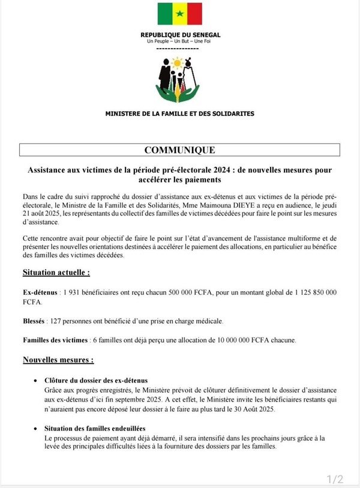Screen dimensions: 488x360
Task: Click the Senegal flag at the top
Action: click(x=180, y=14)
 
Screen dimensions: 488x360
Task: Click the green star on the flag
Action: click(x=180, y=14)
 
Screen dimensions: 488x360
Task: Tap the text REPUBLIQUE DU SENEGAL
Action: click(x=179, y=35)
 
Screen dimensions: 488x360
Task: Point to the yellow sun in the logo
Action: click(x=176, y=61)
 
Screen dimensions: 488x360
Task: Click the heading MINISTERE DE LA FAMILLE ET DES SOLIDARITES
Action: click(x=179, y=113)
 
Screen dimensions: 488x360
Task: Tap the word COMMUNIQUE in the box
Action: click(x=179, y=150)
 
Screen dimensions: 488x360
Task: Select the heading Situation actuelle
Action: click(x=56, y=272)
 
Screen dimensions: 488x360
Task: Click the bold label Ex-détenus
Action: click(x=40, y=292)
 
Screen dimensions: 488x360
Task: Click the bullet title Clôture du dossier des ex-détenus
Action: click(x=96, y=381)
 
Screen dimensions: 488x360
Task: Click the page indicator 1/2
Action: click(x=335, y=478)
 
